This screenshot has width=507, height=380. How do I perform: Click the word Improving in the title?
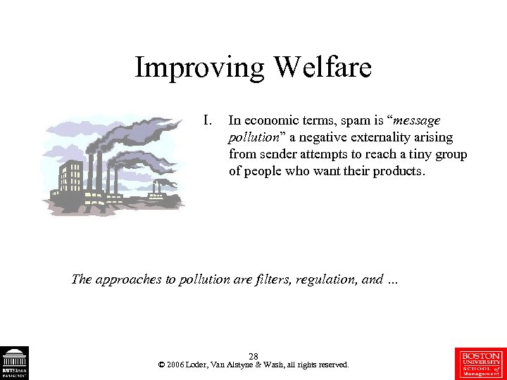[x=199, y=69]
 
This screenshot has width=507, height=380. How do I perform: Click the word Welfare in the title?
[x=321, y=68]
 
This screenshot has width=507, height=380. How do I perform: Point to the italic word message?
[x=415, y=121]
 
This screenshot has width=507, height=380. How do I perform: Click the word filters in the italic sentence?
[x=277, y=279]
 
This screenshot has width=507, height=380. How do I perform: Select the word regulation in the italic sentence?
[x=328, y=279]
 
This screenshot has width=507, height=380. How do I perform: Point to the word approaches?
[x=127, y=279]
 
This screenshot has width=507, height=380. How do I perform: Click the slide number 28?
[x=254, y=357]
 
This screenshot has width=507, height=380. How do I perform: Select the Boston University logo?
[x=482, y=362]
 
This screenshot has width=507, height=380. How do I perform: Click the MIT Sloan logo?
[x=14, y=362]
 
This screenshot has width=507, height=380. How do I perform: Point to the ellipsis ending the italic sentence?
[x=392, y=280]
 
